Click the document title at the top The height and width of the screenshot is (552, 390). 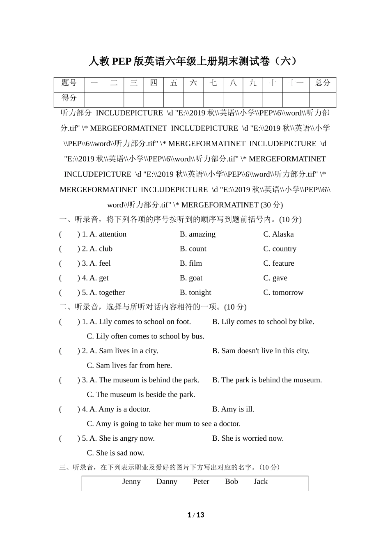[193, 61]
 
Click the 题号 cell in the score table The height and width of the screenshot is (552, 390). [69, 83]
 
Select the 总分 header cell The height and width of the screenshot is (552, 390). [323, 83]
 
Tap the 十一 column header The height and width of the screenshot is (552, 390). [296, 83]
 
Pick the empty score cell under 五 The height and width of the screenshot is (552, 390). [173, 99]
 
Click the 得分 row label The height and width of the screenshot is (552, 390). [69, 98]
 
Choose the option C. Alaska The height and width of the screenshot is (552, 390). [278, 234]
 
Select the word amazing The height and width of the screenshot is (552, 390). [202, 234]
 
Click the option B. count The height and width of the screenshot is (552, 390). [193, 249]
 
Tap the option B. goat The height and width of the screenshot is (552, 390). [191, 278]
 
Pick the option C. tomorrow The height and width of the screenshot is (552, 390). [283, 292]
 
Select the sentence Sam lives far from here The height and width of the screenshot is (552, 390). [134, 365]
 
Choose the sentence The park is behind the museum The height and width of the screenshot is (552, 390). [271, 380]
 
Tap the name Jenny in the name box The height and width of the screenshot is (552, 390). [131, 481]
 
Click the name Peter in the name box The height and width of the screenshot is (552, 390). [201, 481]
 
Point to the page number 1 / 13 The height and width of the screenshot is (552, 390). [196, 515]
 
